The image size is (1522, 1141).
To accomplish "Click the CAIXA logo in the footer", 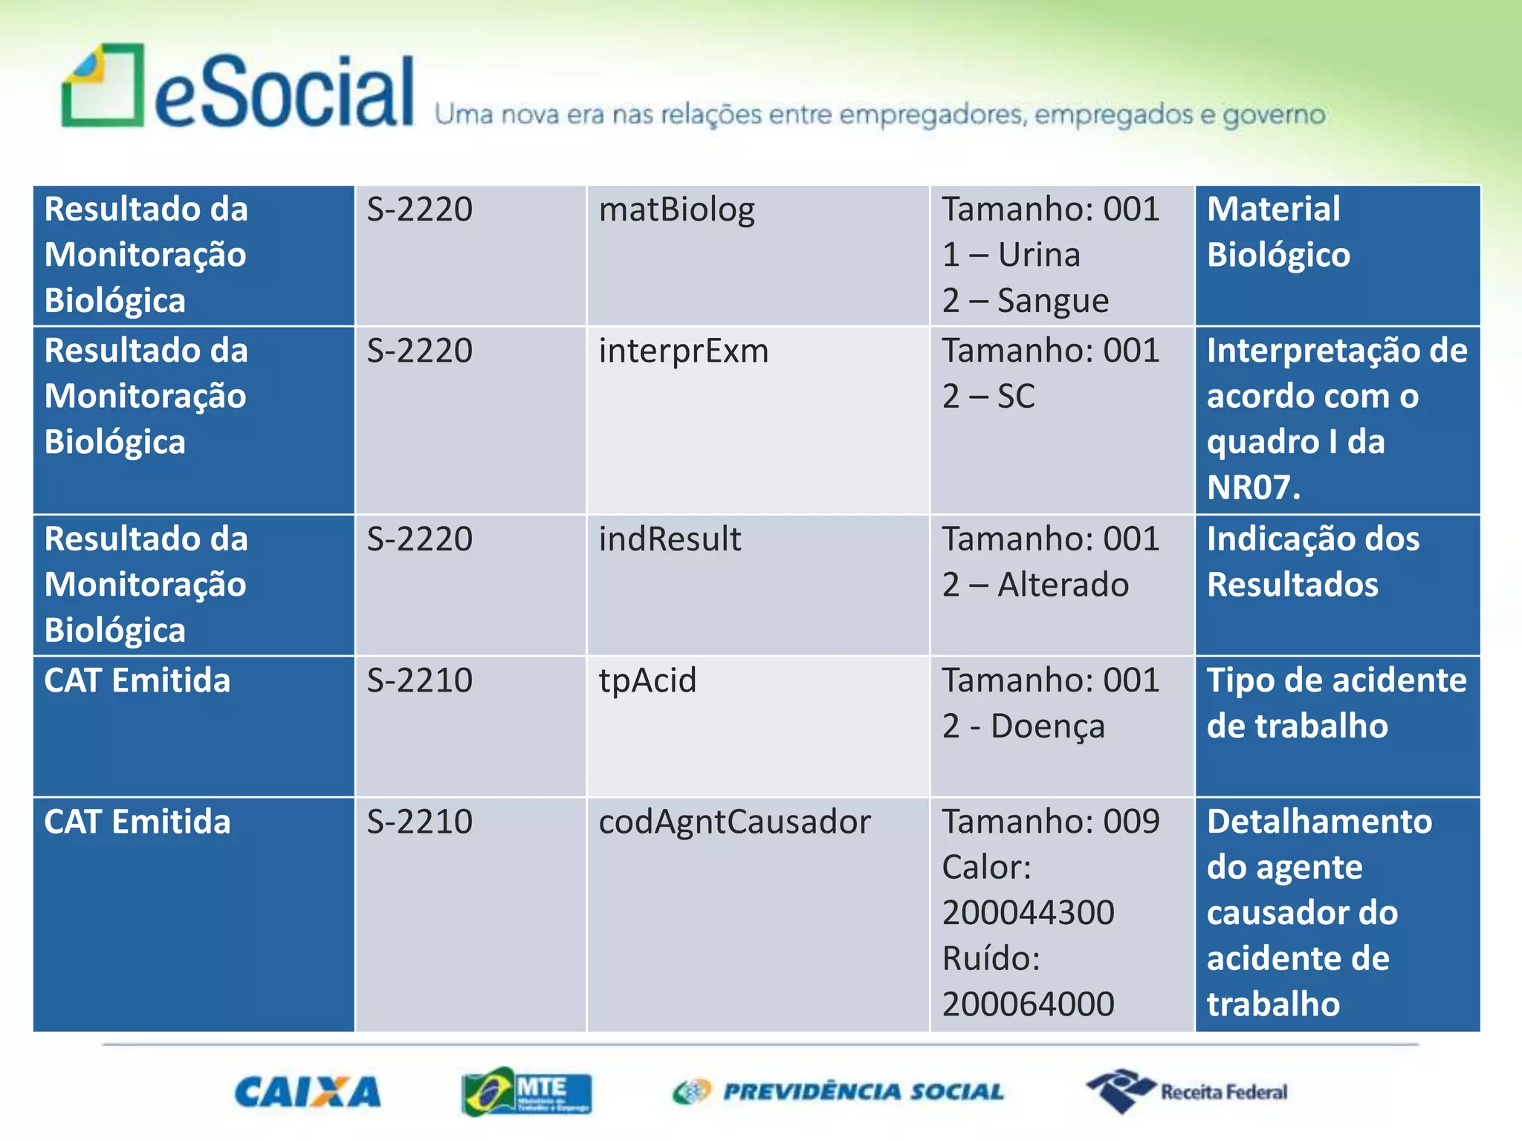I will tap(307, 1092).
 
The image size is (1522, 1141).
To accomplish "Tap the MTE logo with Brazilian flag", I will tap(526, 1091).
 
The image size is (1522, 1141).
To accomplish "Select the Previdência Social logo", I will tap(838, 1091).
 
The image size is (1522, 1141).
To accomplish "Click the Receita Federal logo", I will tap(1187, 1091).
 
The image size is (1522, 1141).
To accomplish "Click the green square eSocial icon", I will tap(103, 85).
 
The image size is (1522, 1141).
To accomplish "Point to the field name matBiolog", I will tap(676, 209).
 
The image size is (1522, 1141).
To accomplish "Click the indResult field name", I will tap(670, 539).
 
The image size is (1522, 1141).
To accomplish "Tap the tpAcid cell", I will tap(647, 680).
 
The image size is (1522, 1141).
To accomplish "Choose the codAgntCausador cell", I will tap(734, 822).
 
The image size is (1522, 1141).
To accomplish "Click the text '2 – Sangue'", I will tap(1025, 301).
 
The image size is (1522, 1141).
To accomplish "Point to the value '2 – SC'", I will tap(988, 397).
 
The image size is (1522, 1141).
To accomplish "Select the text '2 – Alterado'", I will tap(1035, 585).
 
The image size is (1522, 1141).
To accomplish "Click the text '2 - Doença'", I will tap(1023, 726).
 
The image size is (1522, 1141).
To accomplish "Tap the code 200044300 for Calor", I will tap(1028, 913).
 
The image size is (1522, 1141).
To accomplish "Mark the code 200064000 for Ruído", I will tap(1028, 1004).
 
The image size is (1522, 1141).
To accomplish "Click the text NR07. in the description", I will tap(1253, 488).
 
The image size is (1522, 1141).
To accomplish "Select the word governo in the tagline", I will tap(1274, 115).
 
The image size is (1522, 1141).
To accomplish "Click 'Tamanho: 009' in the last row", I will tap(1050, 822).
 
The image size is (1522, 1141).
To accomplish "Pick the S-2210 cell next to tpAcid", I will tap(419, 680).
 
